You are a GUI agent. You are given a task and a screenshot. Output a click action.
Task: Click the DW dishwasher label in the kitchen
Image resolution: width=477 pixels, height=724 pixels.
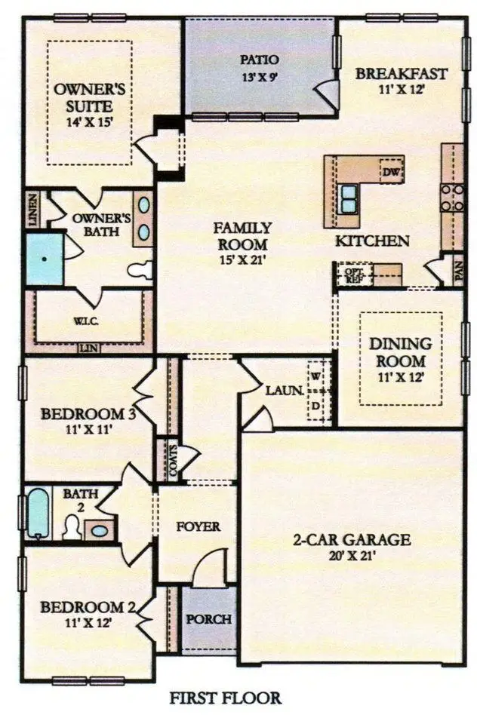click(x=390, y=173)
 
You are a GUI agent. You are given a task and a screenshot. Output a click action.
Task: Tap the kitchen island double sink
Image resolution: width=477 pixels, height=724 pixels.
click(x=349, y=198)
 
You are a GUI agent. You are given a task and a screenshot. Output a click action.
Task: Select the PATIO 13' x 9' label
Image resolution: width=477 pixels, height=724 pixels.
click(x=260, y=67)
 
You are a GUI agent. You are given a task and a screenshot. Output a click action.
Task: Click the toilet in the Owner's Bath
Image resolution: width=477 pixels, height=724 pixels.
click(x=140, y=269)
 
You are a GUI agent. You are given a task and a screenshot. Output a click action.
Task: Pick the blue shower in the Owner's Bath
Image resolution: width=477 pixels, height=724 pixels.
click(x=45, y=258)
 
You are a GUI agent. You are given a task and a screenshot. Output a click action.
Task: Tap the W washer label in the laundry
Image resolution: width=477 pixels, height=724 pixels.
click(x=317, y=375)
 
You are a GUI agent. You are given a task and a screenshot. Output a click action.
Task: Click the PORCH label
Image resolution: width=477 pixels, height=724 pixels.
click(x=209, y=619)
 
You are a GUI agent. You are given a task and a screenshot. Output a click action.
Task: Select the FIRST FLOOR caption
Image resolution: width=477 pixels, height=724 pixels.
click(x=226, y=698)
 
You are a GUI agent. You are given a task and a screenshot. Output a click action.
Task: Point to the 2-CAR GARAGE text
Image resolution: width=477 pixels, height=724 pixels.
click(x=352, y=540)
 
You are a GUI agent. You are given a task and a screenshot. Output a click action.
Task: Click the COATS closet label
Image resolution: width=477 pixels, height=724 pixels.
click(x=162, y=459)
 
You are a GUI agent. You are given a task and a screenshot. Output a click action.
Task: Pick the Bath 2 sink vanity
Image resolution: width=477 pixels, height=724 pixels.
click(x=99, y=529)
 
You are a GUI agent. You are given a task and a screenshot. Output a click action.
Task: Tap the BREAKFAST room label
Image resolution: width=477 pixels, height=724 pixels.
click(x=402, y=74)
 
